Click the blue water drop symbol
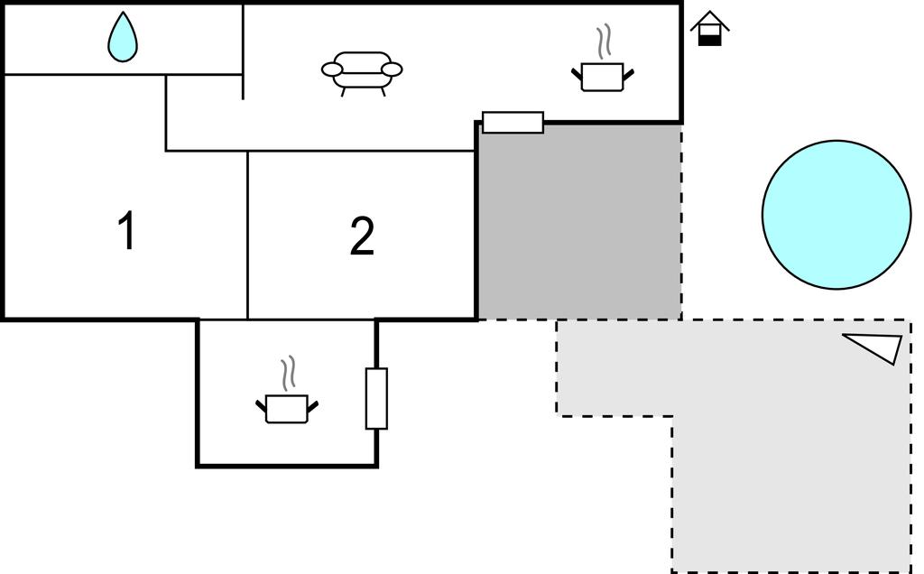pos(123,39)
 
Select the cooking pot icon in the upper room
pos(602,77)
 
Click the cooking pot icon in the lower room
pos(287,409)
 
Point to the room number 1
pos(127,231)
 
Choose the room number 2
pos(362,236)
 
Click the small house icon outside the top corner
pos(710,28)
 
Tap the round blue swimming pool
pos(836,215)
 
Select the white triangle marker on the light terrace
pos(876,347)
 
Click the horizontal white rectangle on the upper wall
pos(513,122)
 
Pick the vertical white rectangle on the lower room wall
pos(376,398)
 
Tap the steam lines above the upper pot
pos(603,42)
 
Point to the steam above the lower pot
pos(288,373)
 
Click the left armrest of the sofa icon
pos(333,69)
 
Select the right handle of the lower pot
pos(313,407)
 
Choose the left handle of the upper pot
pos(577,74)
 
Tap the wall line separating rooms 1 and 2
pos(247,235)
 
